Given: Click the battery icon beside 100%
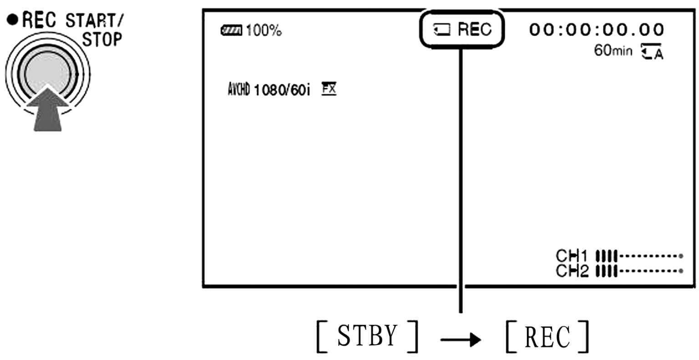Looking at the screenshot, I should pos(231,31).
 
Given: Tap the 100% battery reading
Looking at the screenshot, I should pos(263,31).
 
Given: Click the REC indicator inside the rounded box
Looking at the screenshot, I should pos(474,30).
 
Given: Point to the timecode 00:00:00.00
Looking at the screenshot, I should pos(596,30).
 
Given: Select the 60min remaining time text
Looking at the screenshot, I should pos(613,50).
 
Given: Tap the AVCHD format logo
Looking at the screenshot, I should pos(238,89).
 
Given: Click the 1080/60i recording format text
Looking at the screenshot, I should pos(282,90).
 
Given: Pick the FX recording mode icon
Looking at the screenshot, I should pos(329,88).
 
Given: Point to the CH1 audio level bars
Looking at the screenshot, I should pos(606,256).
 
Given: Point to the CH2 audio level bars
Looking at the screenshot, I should pos(606,271).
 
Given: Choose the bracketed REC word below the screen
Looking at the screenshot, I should pos(547,337).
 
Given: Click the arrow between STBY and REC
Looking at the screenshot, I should pos(461,339).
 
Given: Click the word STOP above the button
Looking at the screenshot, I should pos(102,40).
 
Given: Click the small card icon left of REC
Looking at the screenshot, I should pos(441,30).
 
